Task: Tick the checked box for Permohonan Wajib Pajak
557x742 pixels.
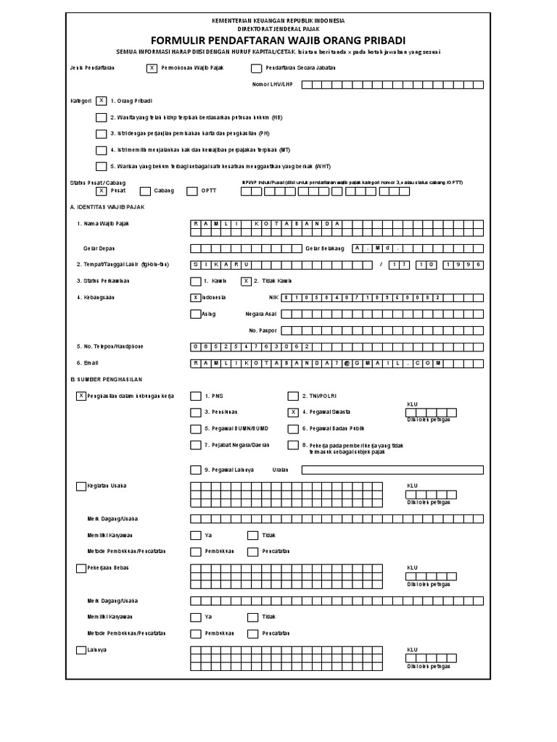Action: coord(152,69)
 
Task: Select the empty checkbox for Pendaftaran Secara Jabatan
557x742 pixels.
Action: coord(256,69)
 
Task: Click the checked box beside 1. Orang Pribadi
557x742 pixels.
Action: coord(101,101)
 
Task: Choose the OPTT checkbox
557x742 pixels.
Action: coord(192,191)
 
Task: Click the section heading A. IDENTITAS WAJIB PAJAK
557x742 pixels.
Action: coord(108,207)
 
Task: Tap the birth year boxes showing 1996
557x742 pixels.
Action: coord(463,264)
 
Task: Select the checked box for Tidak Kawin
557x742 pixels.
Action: coord(247,281)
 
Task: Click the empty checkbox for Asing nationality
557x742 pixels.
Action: coord(195,314)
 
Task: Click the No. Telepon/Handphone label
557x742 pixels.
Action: coord(110,346)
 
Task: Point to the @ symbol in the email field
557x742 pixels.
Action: coord(347,362)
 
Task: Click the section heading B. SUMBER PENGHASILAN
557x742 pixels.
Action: coord(107,379)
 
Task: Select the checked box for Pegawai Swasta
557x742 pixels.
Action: coord(293,412)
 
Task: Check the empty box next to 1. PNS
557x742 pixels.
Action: coord(195,396)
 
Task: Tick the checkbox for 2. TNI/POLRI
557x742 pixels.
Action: coord(293,396)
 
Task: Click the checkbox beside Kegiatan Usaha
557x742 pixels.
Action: coord(81,485)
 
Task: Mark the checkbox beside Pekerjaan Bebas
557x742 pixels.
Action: coord(81,568)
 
